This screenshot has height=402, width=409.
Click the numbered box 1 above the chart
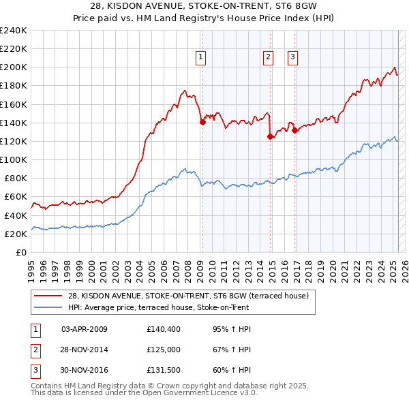[202, 57]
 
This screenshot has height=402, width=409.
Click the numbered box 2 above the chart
[269, 57]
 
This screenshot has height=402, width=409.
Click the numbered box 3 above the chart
[292, 57]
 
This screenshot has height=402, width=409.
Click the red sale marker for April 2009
[202, 123]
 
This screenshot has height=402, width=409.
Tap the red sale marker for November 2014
[271, 136]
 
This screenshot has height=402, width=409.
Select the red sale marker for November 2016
[294, 131]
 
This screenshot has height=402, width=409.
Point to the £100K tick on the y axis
[14, 159]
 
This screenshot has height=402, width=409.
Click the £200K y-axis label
[14, 67]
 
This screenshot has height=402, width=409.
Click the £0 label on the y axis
[20, 252]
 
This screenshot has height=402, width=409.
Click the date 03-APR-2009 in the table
[85, 329]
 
